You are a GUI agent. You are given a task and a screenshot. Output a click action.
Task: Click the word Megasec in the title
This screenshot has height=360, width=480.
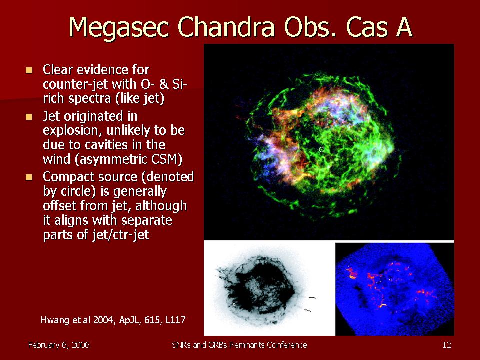tap(118, 28)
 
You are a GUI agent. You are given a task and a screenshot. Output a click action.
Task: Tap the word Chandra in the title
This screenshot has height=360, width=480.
tap(226, 27)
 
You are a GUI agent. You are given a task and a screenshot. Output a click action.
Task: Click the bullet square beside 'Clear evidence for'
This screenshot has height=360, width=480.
tap(29, 70)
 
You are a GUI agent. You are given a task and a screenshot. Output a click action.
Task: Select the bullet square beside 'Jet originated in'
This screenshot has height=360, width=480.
tap(29, 117)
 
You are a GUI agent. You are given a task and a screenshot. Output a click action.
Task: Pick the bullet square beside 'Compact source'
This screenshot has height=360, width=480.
tap(29, 177)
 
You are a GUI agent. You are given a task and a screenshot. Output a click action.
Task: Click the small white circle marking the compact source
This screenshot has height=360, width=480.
tap(321, 149)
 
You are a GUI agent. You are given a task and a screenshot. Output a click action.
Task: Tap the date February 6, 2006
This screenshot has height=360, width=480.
tap(59, 345)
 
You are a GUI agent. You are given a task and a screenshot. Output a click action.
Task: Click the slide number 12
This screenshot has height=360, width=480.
tap(447, 345)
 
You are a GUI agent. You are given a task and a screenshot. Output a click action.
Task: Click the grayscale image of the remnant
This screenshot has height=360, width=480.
tap(269, 288)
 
